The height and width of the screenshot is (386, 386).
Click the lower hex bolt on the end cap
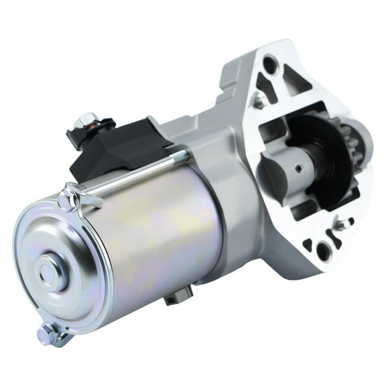point(48,332)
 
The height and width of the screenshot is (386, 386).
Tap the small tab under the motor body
point(179,293)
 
